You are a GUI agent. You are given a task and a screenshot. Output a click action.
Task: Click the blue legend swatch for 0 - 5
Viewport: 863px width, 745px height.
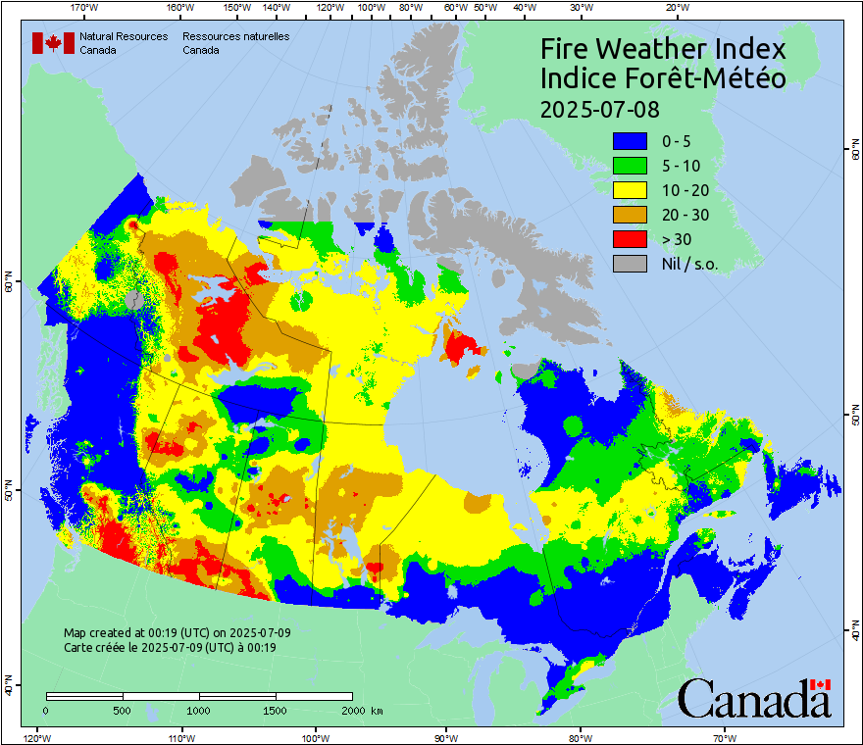coord(630,141)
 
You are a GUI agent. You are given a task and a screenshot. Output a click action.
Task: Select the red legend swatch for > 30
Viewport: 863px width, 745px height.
coord(630,239)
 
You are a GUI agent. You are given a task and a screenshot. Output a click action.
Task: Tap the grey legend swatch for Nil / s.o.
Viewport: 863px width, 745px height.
coord(630,264)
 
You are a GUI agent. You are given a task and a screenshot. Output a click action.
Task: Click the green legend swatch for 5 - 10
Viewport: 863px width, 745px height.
coord(630,166)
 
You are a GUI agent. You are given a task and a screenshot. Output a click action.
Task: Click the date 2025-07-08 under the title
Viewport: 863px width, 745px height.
coord(600,108)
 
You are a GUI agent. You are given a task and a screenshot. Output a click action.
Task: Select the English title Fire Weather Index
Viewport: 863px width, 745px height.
coord(663,49)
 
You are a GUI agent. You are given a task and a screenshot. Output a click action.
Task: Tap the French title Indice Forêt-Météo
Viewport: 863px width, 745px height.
coord(663,78)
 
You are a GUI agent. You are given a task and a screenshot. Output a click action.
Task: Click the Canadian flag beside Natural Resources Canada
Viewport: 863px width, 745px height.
coord(53,43)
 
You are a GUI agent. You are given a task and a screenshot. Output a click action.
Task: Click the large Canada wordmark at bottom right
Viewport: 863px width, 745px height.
coord(753,700)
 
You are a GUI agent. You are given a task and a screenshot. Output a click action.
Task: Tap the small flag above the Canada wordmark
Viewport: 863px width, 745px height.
coord(820,684)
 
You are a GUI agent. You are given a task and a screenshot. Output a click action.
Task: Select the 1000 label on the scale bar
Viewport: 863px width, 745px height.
coord(199,710)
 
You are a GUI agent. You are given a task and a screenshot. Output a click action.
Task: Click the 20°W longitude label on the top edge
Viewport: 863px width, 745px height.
coord(675,8)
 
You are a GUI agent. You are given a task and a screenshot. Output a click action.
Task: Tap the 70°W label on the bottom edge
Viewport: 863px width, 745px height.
coord(725,737)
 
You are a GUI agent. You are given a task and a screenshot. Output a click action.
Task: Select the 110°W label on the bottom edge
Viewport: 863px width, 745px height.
coord(180,737)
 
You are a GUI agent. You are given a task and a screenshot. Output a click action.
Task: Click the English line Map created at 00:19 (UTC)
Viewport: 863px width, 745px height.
coord(177,633)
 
